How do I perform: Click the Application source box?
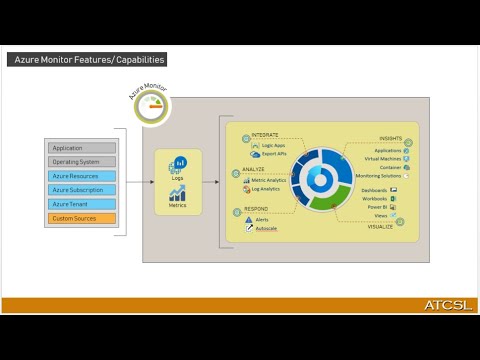[x=82, y=148]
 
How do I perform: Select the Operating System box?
[x=82, y=162]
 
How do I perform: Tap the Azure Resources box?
[x=82, y=176]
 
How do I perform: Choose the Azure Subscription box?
[x=82, y=190]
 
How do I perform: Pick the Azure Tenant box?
[x=82, y=204]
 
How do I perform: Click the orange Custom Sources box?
[x=82, y=218]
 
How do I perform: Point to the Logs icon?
[x=180, y=162]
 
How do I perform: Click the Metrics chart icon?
[x=177, y=193]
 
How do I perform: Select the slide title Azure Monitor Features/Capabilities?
[x=88, y=60]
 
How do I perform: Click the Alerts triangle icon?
[x=248, y=218]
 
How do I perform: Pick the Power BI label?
[x=377, y=206]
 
